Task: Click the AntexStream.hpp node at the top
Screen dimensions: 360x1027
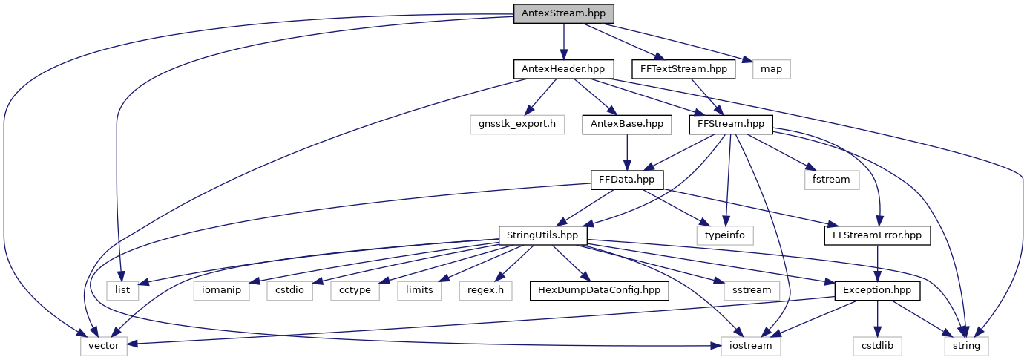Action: [564, 13]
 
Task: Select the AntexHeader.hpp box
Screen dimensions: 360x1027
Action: [563, 69]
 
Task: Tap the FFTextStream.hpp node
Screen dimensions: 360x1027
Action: [683, 69]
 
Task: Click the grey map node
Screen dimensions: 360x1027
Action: [772, 69]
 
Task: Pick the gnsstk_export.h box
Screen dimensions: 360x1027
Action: [513, 124]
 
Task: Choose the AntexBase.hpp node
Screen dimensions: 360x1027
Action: [627, 124]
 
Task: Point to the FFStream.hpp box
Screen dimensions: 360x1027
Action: [731, 124]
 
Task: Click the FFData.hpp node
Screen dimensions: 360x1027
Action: [627, 179]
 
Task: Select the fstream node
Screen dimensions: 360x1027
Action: [830, 179]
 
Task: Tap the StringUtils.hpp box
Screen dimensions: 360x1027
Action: [542, 235]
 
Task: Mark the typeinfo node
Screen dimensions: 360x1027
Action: [725, 235]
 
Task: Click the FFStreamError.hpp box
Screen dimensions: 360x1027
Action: [877, 235]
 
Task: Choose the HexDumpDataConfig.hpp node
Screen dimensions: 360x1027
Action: [600, 289]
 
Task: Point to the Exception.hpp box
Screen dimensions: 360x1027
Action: [877, 289]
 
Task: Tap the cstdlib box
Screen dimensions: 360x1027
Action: [877, 345]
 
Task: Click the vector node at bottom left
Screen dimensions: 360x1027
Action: [104, 345]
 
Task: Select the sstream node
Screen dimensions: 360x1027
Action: [752, 289]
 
